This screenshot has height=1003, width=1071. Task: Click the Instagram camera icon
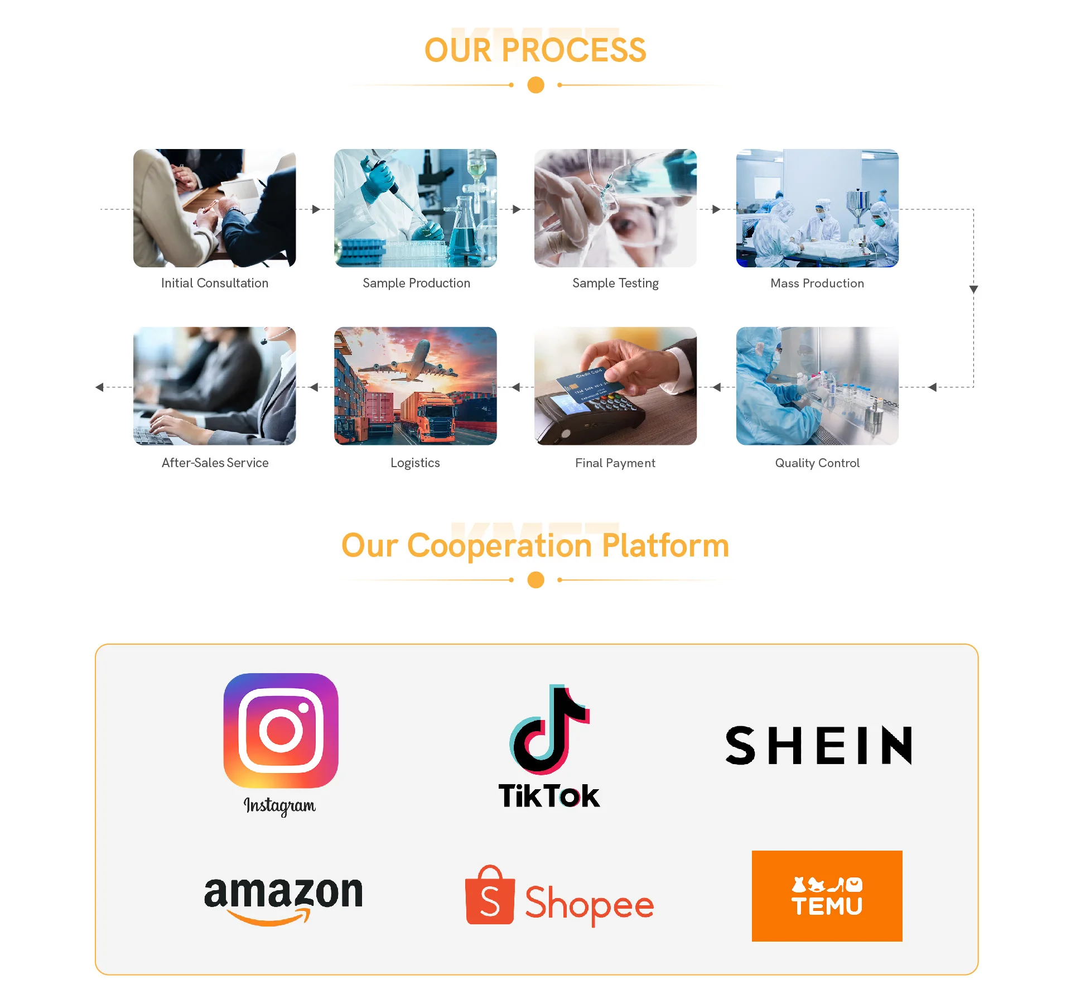coord(281,730)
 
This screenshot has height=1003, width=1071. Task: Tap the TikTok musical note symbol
coord(549,729)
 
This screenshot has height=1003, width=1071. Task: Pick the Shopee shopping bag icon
coord(489,895)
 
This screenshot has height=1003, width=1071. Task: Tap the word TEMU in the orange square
coord(827,906)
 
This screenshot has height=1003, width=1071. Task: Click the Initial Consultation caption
coord(215,283)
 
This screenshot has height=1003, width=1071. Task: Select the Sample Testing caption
coord(615,284)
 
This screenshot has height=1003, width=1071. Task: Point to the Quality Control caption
coord(817,463)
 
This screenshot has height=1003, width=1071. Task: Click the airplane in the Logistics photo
coord(413,363)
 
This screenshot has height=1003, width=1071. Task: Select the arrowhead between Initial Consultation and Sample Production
coord(316,209)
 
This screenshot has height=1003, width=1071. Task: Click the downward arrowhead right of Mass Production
coord(973,289)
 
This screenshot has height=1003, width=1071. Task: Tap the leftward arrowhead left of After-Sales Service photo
coord(99,387)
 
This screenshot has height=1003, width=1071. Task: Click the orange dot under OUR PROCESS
coord(535,85)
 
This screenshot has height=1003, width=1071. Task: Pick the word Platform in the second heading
coord(665,545)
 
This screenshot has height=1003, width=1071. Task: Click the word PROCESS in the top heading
coord(573,50)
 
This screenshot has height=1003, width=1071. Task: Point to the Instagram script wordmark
coord(279,805)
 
